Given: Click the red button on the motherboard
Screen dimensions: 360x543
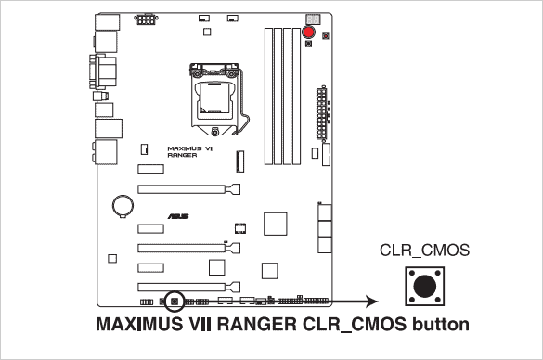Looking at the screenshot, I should [307, 33].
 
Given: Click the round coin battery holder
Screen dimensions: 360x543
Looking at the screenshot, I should [123, 203].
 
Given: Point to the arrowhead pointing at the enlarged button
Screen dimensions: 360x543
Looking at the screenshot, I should [371, 301].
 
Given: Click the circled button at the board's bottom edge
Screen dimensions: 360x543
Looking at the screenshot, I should [174, 301].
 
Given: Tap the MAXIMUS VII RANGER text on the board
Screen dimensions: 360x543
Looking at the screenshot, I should [189, 151].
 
